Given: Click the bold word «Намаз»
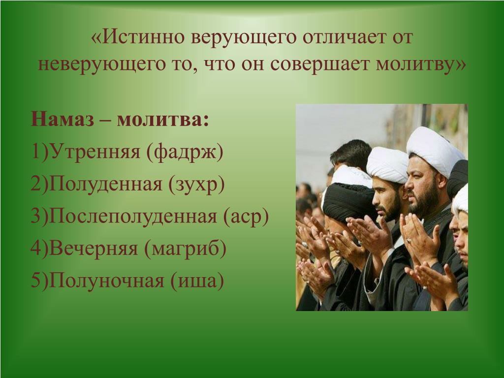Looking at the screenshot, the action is coord(63,119).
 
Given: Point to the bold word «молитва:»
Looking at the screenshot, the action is coord(163,119).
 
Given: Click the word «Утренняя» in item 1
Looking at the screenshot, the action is coord(95,151).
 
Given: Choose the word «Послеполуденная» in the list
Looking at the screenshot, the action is coord(133,217).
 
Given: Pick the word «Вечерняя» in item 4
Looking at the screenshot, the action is coord(94,249).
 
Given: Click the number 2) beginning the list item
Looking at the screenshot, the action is coord(39,184).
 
